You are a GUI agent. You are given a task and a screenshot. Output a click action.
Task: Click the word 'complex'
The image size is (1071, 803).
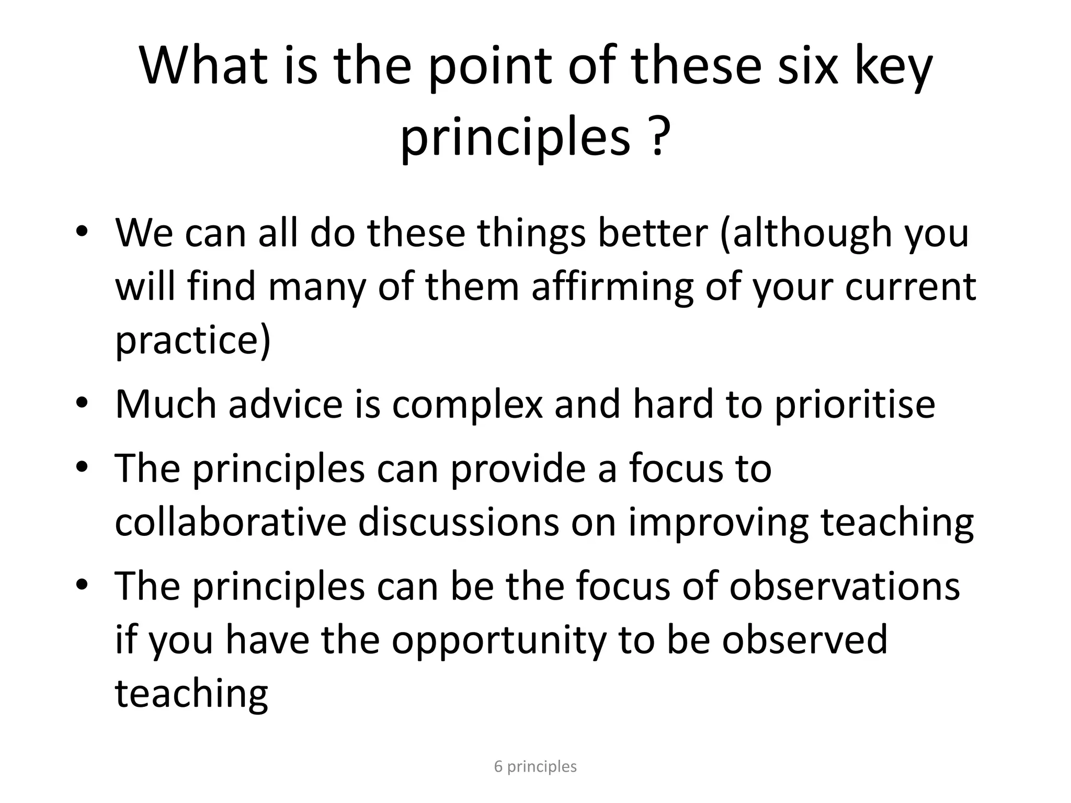pos(467,405)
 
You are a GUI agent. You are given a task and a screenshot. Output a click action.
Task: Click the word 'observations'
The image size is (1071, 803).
pos(845,586)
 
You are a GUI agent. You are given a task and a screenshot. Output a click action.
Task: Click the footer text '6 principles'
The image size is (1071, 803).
pos(535,766)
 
